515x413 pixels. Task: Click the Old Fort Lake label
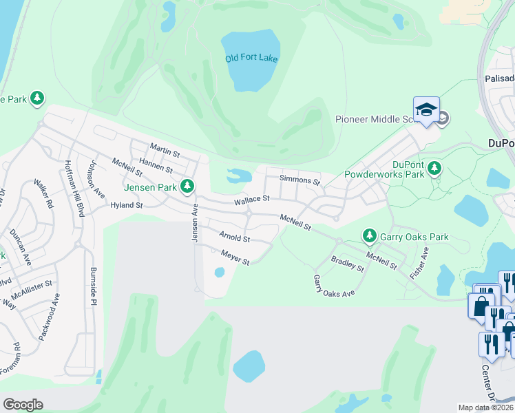pos(251,58)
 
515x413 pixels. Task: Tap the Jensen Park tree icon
pos(187,186)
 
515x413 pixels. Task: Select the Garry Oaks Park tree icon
pos(370,237)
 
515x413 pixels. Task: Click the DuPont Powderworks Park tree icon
pos(434,169)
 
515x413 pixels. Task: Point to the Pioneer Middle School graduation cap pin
pos(426,110)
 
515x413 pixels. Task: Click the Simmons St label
pos(300,181)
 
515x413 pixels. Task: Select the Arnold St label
pos(234,237)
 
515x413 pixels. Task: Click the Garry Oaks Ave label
pos(334,285)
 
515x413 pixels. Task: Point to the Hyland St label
pos(126,205)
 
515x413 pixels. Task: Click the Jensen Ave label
pos(194,222)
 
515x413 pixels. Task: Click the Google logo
pos(23,405)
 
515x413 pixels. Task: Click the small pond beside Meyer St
pos(220,273)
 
